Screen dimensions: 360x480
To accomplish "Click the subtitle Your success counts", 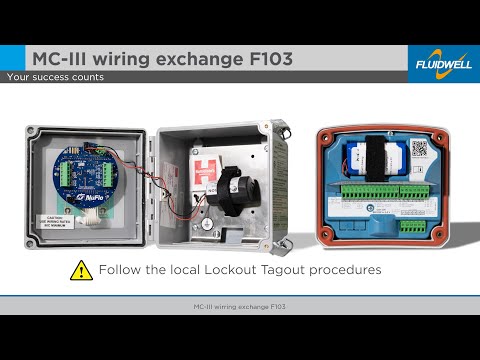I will pyautogui.click(x=55, y=77).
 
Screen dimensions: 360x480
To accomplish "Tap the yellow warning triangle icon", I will pyautogui.click(x=80, y=270).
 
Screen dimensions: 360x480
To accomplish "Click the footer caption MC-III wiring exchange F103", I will pyautogui.click(x=240, y=304).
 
